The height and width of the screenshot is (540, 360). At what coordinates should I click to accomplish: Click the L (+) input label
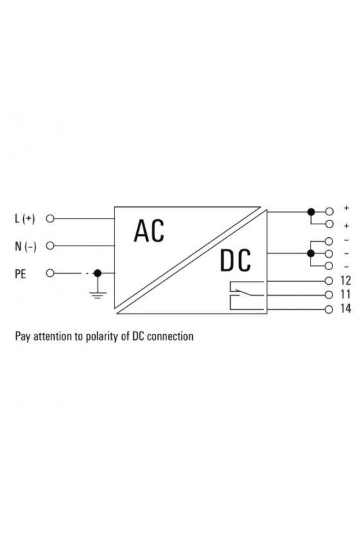[x=25, y=219]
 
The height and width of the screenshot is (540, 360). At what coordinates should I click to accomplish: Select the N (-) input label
[x=25, y=246]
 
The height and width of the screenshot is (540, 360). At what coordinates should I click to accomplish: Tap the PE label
[x=21, y=274]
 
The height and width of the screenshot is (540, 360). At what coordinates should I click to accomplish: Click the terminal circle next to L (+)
[x=50, y=219]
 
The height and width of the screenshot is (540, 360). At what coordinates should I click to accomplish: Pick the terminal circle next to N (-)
[x=50, y=246]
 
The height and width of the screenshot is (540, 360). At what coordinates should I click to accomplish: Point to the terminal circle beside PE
[x=50, y=273]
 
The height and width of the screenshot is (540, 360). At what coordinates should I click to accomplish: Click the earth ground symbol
[x=98, y=295]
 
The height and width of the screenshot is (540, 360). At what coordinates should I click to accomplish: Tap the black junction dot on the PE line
[x=98, y=273]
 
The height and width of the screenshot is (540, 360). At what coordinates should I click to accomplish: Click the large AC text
[x=149, y=231]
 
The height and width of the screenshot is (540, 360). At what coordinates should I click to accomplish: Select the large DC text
[x=235, y=261]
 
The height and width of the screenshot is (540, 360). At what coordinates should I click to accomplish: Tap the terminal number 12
[x=345, y=281]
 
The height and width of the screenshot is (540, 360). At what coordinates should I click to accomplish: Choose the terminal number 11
[x=345, y=294]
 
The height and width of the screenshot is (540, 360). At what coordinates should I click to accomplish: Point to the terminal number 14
[x=345, y=309]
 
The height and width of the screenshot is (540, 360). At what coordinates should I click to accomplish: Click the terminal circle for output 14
[x=329, y=309]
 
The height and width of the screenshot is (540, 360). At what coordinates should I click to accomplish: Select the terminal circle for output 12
[x=329, y=281]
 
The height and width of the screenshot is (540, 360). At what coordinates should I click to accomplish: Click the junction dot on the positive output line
[x=311, y=212]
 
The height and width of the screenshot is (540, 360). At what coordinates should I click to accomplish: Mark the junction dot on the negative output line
[x=310, y=253]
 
